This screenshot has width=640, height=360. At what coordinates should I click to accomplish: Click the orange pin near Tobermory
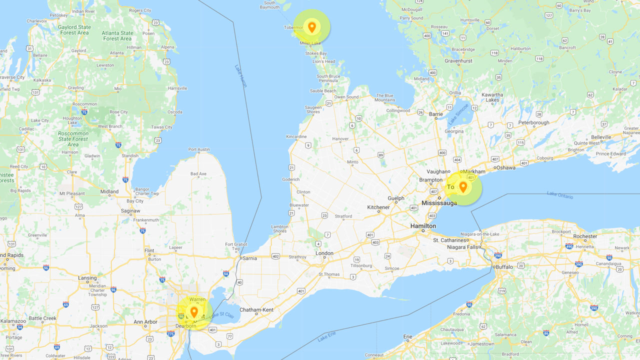pyautogui.click(x=311, y=27)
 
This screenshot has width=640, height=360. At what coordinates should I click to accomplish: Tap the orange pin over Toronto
pyautogui.click(x=463, y=187)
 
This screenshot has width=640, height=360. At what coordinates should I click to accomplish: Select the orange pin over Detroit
pyautogui.click(x=194, y=312)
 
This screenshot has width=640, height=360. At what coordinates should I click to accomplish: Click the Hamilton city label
pyautogui.click(x=423, y=226)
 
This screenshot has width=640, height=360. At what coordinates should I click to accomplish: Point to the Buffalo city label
pyautogui.click(x=504, y=267)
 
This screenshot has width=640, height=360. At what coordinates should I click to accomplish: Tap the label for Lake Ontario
pyautogui.click(x=560, y=195)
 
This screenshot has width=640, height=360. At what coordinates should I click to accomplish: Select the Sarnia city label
pyautogui.click(x=250, y=258)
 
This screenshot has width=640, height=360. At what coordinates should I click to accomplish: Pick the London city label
pyautogui.click(x=324, y=253)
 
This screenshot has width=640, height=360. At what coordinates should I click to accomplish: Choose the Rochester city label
pyautogui.click(x=585, y=236)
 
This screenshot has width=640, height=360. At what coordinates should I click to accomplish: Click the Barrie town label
pyautogui.click(x=436, y=114)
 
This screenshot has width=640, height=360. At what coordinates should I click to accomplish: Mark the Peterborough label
pyautogui.click(x=533, y=122)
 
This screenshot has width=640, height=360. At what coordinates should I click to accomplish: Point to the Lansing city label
pyautogui.click(x=87, y=278)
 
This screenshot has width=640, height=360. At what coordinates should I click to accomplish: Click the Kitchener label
pyautogui.click(x=378, y=207)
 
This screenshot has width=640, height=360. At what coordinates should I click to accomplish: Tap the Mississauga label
pyautogui.click(x=439, y=203)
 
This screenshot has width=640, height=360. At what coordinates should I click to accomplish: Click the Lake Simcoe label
pyautogui.click(x=458, y=114)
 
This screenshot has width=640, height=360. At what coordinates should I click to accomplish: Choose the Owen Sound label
pyautogui.click(x=346, y=97)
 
